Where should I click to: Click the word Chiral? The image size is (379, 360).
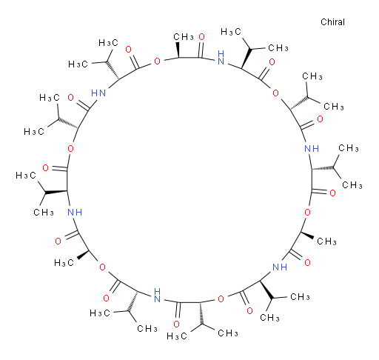332,22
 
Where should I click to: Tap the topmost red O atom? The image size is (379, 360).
202,37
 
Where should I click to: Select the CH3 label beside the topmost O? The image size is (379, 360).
184,37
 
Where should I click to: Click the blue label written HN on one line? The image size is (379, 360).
98,93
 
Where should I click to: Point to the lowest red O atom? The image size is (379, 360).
176,324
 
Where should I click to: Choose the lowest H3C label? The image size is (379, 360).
177,336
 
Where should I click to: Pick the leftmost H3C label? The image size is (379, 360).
26,176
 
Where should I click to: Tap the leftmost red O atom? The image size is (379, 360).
45,168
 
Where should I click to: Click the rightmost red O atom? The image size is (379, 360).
332,193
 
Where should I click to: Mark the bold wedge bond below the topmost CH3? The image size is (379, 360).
178,50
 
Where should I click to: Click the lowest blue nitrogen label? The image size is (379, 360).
157,296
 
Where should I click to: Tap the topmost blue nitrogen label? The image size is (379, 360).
221,58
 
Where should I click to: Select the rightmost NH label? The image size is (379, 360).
312,149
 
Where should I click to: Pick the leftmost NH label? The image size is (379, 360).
75,212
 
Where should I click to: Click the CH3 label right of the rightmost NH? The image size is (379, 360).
349,148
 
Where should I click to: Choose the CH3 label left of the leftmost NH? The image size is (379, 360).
44,213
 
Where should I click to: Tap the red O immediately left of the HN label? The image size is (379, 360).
71,98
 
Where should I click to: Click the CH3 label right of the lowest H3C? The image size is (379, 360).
228,333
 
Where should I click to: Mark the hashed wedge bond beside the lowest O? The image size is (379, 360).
201,313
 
